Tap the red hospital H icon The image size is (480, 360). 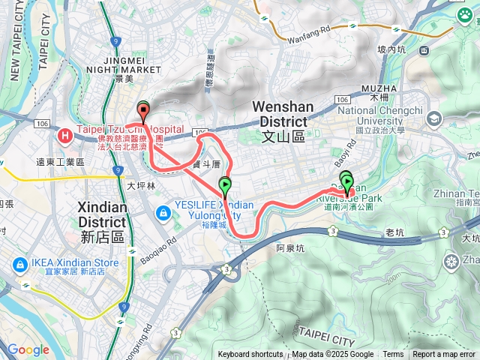click(65, 136)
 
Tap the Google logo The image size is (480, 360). click(28, 349)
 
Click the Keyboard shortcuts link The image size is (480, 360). click(250, 355)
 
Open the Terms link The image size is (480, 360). click(393, 355)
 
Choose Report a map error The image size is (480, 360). click(444, 355)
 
